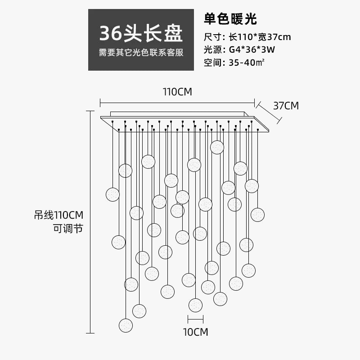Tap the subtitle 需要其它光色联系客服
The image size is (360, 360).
141,53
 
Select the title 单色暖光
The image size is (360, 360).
230,19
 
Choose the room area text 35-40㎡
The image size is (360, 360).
247,63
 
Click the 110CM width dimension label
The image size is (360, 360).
177,92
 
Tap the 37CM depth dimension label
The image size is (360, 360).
286,106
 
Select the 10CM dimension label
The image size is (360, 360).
195,333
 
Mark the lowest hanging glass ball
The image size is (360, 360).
126,325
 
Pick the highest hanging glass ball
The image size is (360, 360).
217,147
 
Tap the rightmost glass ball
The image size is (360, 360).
257,215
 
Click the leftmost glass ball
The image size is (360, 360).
112,194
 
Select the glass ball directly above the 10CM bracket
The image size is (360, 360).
195,305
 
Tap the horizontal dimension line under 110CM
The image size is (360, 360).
177,102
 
